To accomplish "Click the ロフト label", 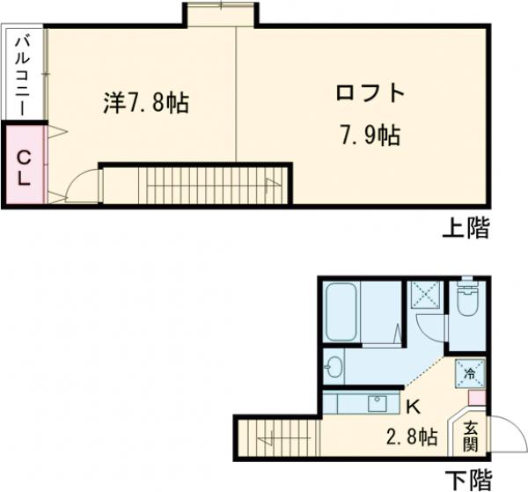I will click(x=370, y=93).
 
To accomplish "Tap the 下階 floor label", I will click(x=467, y=480).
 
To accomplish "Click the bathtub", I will click(x=340, y=313).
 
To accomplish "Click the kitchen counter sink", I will click(x=378, y=404).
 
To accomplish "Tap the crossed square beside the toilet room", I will click(x=426, y=295).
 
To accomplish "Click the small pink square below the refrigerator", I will click(x=475, y=398).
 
